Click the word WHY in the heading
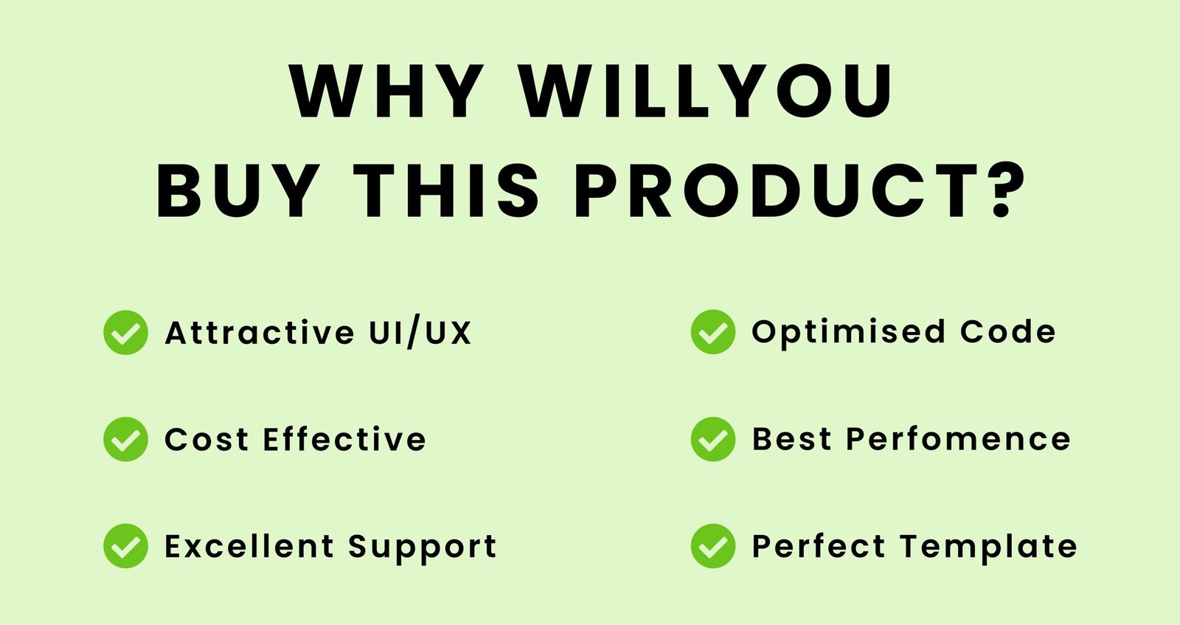point(386,91)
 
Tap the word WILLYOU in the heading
point(705,91)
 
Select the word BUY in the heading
point(239,191)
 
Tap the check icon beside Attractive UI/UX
point(125,333)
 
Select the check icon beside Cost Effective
point(125,439)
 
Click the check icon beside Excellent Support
point(125,546)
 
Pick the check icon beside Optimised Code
point(712,332)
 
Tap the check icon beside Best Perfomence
point(712,439)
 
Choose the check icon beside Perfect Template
point(712,546)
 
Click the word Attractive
point(260,333)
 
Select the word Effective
point(344,438)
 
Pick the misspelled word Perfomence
point(958,439)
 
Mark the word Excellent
point(249,545)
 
